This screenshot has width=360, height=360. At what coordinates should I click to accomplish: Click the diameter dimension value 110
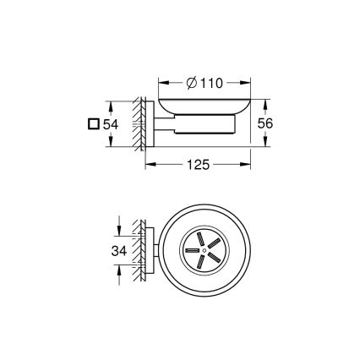coord(210,83)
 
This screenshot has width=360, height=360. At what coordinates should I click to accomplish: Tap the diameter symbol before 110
coord(191,83)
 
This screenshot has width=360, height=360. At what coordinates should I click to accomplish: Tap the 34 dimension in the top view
coord(120,250)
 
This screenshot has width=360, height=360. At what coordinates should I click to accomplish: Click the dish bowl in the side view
coord(203,110)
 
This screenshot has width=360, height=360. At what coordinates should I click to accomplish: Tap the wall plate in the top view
coord(150,250)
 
